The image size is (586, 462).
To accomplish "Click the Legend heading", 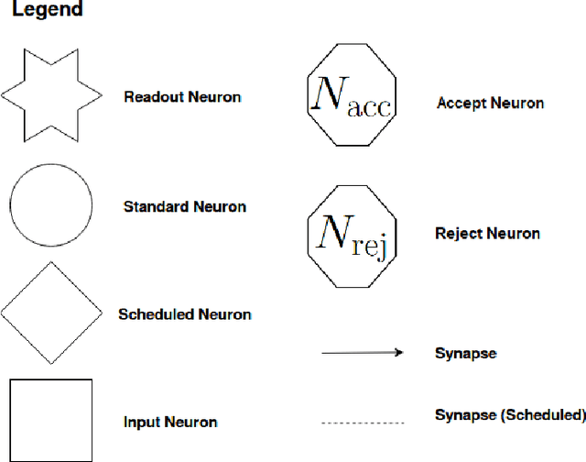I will [x=47, y=12].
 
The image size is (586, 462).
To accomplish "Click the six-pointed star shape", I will [x=51, y=94].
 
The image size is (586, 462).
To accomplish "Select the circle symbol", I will [x=51, y=206].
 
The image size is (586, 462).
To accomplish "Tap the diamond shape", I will [x=51, y=314].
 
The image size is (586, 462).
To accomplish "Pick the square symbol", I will [x=51, y=420].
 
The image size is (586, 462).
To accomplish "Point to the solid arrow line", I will [x=361, y=353].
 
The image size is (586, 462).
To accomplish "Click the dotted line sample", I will [x=362, y=423].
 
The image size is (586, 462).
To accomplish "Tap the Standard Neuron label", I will [x=185, y=207].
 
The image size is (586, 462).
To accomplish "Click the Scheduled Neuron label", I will [x=185, y=314].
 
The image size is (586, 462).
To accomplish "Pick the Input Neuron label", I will [x=170, y=423].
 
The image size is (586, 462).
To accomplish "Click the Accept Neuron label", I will [x=490, y=103].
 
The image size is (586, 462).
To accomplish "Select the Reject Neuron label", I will [x=487, y=234].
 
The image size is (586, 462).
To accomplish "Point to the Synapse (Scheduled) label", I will [x=510, y=415].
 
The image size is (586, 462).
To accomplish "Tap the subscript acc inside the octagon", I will [x=369, y=108].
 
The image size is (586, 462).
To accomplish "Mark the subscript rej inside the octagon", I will [x=367, y=245].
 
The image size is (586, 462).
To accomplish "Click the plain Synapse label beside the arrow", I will [x=465, y=353].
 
